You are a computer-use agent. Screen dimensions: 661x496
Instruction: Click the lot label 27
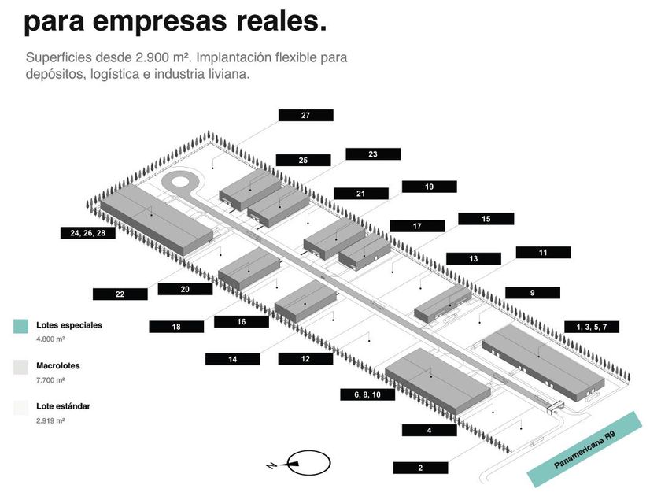[x=305, y=115]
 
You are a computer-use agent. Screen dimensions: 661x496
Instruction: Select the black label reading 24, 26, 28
[x=87, y=233]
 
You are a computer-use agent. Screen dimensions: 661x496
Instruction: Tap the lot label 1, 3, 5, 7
[x=592, y=327]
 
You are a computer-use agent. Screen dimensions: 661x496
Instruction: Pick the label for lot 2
[x=420, y=468]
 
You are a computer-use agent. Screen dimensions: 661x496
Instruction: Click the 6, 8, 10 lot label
[x=367, y=394]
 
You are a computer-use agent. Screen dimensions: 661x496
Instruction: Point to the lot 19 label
[x=429, y=187]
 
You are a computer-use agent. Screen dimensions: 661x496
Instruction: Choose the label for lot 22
[x=120, y=294]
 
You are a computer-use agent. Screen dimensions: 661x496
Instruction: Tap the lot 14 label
[x=233, y=359]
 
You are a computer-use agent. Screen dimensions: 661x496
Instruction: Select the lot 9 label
[x=533, y=293]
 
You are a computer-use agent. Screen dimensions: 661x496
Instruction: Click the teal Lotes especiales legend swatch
[x=21, y=326]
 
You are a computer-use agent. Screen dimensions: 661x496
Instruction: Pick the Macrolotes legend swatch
[x=21, y=367]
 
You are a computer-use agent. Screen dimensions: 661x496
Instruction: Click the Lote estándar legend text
[x=63, y=406]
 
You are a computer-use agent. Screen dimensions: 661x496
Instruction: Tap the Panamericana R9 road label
[x=584, y=450]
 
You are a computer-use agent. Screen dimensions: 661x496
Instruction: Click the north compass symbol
[x=305, y=463]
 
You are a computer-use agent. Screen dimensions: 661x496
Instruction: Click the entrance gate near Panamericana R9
[x=556, y=406]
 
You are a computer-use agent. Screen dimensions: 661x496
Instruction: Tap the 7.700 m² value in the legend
[x=50, y=380]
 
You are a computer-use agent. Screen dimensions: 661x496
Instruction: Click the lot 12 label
[x=305, y=359]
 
